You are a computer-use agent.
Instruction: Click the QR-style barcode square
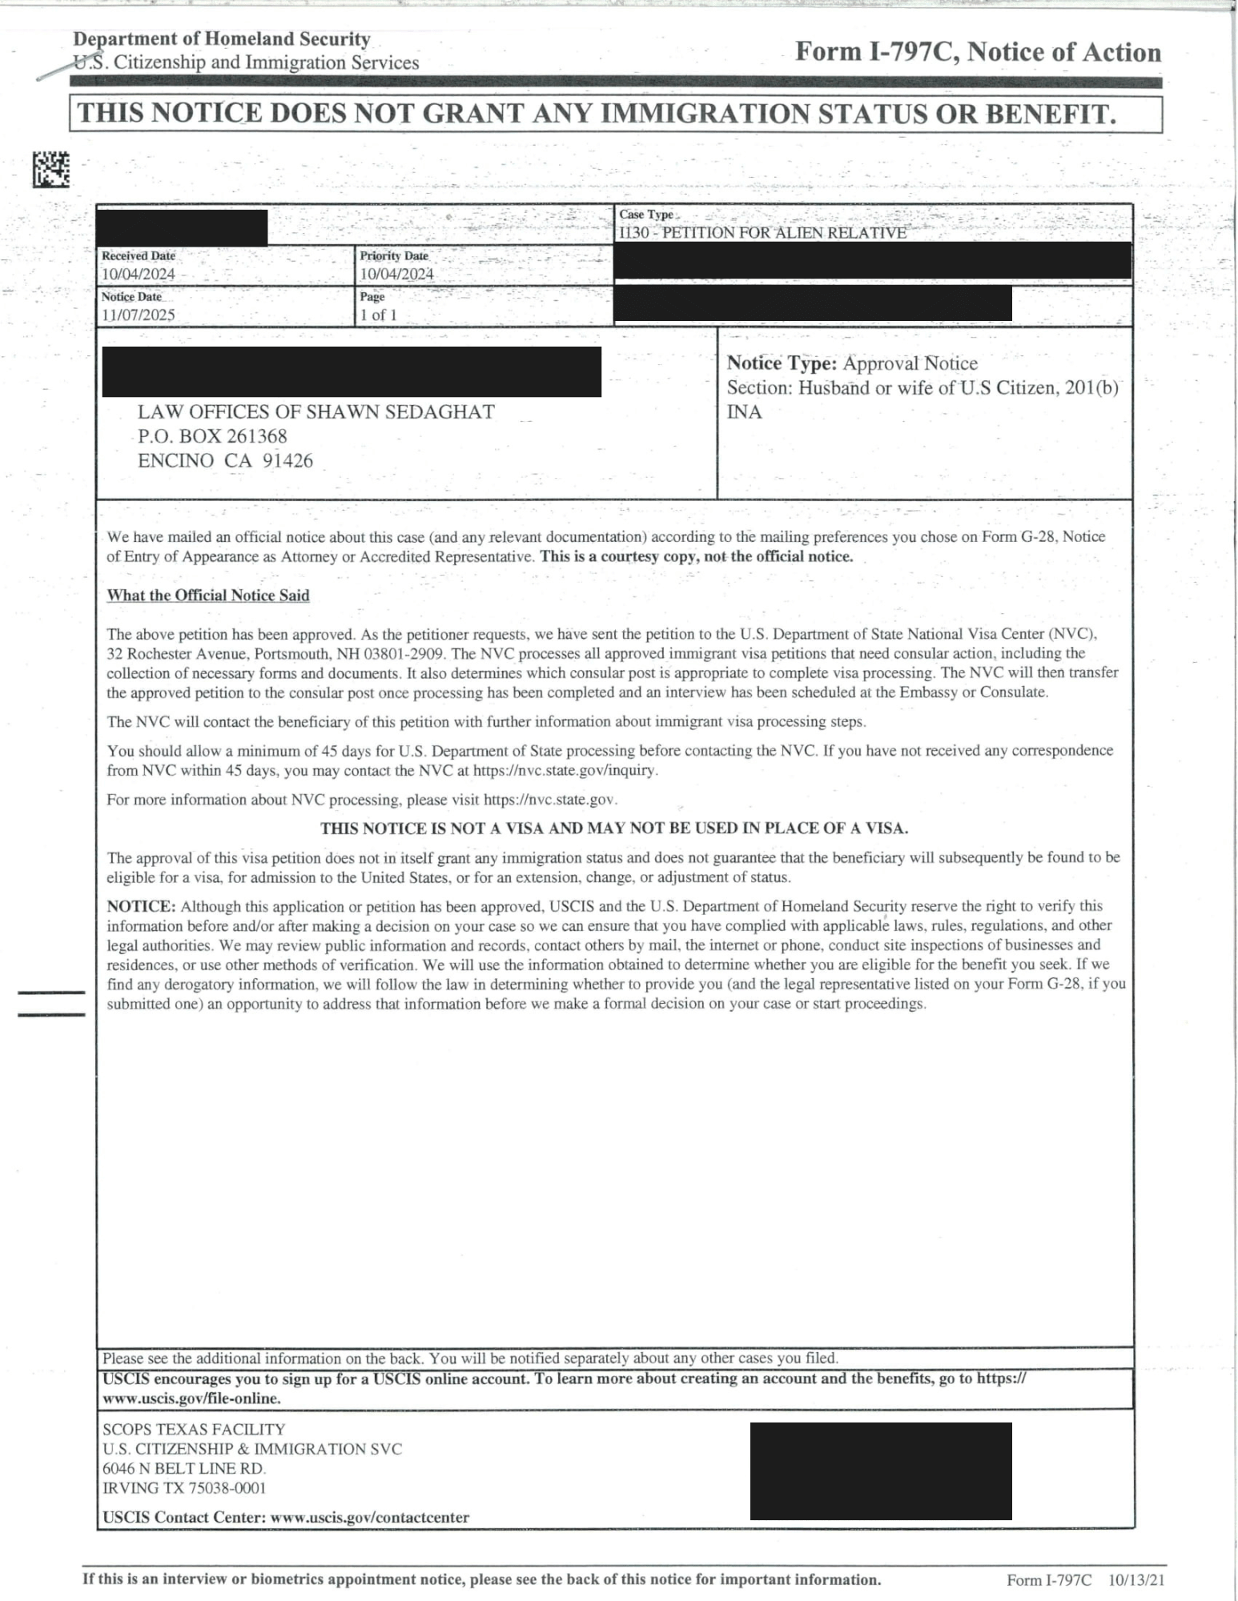[x=51, y=169]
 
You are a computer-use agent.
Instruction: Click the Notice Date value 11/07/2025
[x=138, y=315]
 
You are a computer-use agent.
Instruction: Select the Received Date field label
[x=138, y=256]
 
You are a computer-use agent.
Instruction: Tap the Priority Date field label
[x=394, y=256]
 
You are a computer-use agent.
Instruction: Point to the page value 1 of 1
[x=378, y=315]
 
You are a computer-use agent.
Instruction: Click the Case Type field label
[x=645, y=215]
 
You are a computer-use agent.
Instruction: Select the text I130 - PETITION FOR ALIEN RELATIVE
[x=762, y=233]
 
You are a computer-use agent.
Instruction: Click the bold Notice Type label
[x=782, y=363]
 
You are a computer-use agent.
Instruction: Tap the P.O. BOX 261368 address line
[x=212, y=436]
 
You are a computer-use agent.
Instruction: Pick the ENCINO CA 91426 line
[x=225, y=461]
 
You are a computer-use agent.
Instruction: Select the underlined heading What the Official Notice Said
[x=208, y=596]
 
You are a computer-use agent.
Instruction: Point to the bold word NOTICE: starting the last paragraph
[x=141, y=906]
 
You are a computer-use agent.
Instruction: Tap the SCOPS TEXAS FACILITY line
[x=194, y=1430]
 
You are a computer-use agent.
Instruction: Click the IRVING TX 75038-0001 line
[x=184, y=1488]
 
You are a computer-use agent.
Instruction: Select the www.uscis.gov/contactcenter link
[x=369, y=1518]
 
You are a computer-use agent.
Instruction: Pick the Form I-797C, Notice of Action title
[x=978, y=52]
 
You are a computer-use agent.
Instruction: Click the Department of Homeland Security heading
[x=222, y=38]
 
